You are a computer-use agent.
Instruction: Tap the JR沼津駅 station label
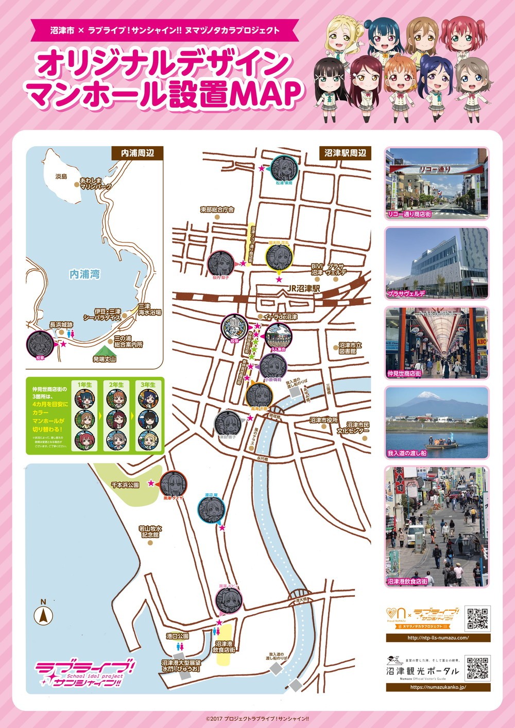coord(304,289)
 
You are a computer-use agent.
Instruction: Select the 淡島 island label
coord(61,176)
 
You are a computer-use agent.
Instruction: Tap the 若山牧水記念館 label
coord(150,531)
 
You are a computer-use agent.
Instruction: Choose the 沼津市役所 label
coord(323,420)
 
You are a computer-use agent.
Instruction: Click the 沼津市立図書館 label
coord(351,348)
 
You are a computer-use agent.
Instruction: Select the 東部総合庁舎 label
coord(217,210)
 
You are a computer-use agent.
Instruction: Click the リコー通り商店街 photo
coord(436,184)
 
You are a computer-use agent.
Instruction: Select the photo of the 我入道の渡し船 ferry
coord(436,422)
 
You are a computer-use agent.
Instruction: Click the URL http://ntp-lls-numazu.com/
coord(438,638)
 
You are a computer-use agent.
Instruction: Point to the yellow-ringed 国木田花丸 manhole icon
coord(279,256)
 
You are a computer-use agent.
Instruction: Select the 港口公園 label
coord(178,636)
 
